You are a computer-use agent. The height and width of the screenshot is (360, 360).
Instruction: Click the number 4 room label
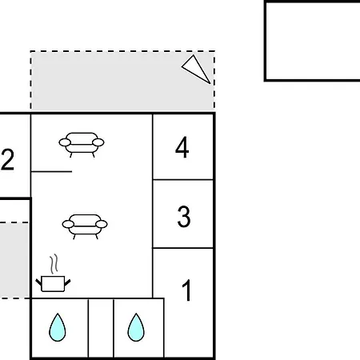coord(182,147)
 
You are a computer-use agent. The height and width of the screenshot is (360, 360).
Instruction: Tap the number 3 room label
coord(184,216)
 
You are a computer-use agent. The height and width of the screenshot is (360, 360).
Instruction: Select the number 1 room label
coord(187,290)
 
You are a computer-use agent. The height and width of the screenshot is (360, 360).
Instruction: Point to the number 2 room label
coord(7,159)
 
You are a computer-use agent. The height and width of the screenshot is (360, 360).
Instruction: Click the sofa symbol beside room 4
coord(82,145)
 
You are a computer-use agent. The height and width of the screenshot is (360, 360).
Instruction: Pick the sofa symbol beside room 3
coord(85,226)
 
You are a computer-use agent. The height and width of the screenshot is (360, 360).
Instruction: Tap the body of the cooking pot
coord(53,284)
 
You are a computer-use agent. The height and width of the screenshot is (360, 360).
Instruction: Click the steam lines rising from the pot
coord(54,264)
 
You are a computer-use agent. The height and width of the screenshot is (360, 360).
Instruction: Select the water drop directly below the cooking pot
coord(58,327)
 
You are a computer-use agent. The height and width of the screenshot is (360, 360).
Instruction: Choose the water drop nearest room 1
coord(136,327)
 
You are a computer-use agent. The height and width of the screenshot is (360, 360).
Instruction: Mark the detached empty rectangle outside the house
coord(312,41)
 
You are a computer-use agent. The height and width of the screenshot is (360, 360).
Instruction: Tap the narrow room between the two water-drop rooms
coord(101,328)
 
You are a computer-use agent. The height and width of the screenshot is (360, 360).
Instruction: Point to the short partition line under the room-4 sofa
coord(51,171)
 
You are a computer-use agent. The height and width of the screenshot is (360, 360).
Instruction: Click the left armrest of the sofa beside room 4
coord(65,142)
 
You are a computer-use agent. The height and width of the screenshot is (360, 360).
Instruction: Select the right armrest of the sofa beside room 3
coord(102,224)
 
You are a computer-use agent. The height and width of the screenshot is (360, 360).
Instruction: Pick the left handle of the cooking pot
coord(39,282)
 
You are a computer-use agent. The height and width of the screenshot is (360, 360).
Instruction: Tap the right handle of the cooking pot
coord(67,282)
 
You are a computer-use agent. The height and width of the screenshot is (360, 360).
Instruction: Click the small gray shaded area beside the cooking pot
coord(14,260)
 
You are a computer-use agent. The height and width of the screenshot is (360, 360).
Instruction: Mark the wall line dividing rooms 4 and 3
coord(183,180)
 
